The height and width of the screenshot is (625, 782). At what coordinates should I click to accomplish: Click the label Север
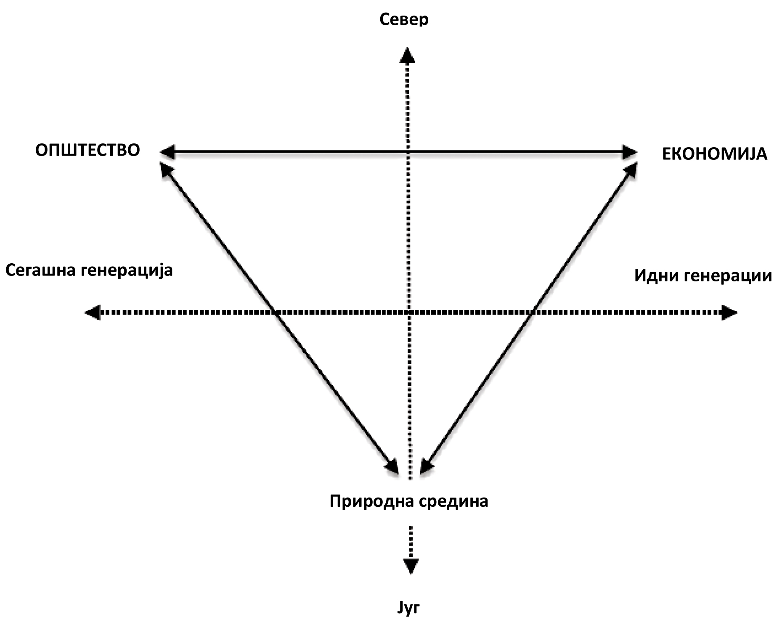[404, 19]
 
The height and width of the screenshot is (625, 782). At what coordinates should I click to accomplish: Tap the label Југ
[408, 608]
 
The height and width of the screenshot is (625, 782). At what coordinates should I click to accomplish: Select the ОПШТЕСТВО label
[87, 150]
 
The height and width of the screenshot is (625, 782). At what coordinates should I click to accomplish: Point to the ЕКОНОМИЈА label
[714, 154]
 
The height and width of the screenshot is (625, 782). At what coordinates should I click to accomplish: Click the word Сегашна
[41, 270]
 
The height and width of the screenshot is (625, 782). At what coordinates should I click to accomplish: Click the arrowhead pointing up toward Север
[407, 56]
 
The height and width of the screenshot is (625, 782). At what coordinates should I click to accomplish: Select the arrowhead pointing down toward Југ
[411, 566]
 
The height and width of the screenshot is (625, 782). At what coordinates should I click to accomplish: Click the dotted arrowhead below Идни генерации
[729, 312]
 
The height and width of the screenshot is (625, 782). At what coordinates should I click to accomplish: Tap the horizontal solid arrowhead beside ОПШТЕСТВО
[167, 151]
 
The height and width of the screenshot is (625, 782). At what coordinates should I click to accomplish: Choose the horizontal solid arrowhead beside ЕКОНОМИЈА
[630, 151]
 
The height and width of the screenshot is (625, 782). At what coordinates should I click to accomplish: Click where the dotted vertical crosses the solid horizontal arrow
[408, 151]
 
